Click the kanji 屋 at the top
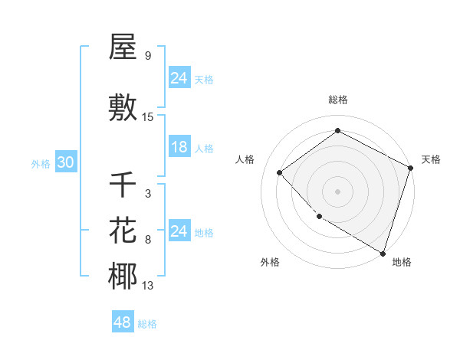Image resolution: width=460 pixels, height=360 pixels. tap(123, 47)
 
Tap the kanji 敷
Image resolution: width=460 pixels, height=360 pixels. tap(123, 107)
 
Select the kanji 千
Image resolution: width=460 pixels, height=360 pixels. tap(123, 185)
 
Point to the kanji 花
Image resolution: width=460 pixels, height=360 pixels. tap(123, 231)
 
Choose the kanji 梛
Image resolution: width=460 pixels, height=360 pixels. tap(123, 277)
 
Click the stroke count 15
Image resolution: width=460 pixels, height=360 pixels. tap(148, 116)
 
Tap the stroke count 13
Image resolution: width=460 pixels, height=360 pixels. tap(148, 286)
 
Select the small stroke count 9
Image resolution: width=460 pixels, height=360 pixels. tap(147, 56)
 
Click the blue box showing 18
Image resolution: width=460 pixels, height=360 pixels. tap(179, 147)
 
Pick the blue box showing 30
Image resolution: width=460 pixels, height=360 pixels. tap(65, 162)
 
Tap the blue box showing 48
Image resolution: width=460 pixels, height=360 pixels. tap(123, 322)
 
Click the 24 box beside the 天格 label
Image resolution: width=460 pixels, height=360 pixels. tap(179, 78)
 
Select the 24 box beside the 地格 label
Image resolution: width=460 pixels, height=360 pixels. tap(179, 231)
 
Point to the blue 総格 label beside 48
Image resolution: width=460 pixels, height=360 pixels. tap(147, 324)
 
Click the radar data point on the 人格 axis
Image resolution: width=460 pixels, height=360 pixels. tap(280, 172)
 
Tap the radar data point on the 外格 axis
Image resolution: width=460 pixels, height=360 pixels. tap(320, 217)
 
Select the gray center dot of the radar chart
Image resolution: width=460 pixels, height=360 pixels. tap(337, 191)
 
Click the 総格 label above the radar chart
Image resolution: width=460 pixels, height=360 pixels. tap(337, 100)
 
